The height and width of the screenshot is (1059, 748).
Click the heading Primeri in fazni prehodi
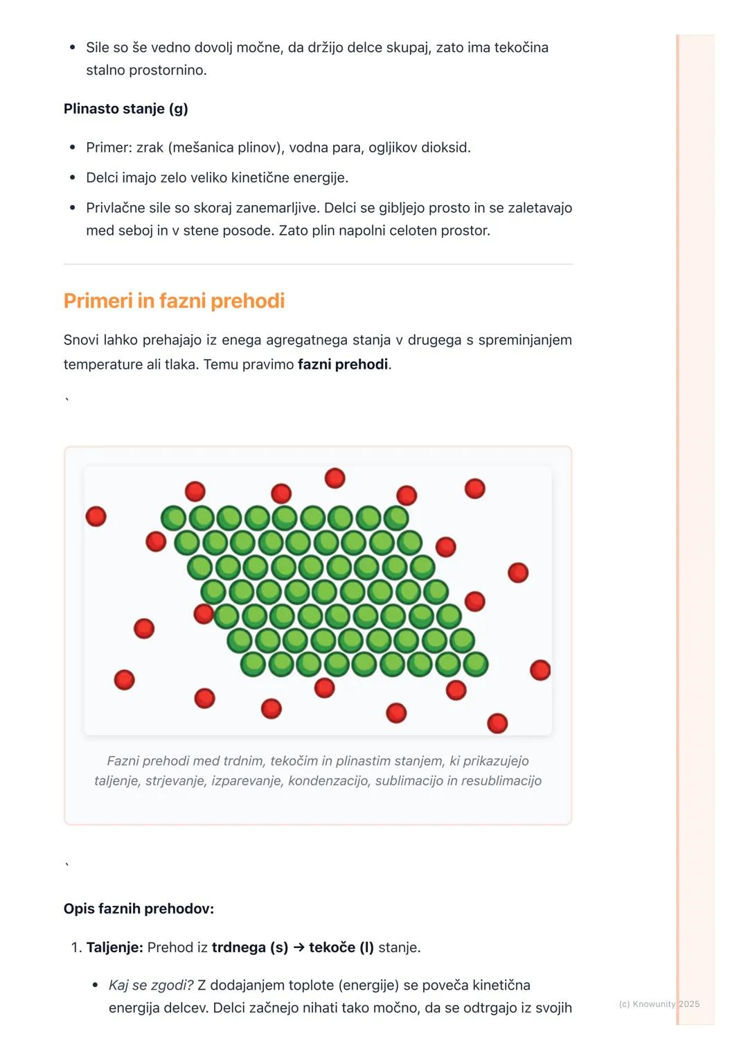tap(174, 301)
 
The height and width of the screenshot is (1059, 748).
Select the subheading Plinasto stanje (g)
tap(125, 109)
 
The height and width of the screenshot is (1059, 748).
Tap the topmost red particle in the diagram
tap(335, 478)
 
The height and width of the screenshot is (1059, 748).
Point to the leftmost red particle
tap(96, 516)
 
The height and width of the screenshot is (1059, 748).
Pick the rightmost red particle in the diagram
tap(540, 670)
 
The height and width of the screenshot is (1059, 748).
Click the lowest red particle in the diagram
tap(497, 724)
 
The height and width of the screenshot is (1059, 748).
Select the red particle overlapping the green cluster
tap(204, 613)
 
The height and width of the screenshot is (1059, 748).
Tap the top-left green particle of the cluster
tap(173, 518)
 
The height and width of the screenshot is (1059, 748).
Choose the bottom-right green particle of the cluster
tap(476, 664)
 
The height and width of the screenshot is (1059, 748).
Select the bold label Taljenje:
tap(114, 947)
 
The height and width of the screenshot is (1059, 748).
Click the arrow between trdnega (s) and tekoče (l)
tap(299, 947)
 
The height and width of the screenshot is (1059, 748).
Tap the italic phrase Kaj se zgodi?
tap(151, 986)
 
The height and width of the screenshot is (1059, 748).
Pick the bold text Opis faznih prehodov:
tap(139, 909)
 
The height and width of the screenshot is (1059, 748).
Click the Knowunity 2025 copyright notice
tap(659, 1004)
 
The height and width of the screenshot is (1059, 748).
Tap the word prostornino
tap(146, 70)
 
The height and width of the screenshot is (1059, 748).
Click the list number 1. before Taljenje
tap(76, 947)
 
